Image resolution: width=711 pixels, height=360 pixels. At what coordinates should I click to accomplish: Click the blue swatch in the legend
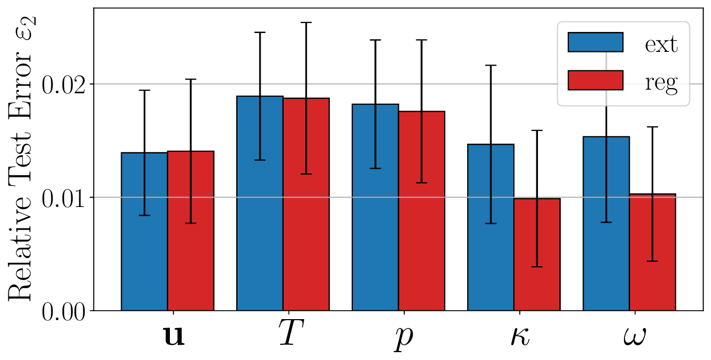595,42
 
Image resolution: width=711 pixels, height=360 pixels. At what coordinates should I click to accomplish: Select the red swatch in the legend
595,80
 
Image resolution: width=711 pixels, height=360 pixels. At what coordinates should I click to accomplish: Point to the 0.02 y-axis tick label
63,84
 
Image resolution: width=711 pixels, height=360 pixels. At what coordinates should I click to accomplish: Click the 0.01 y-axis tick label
63,198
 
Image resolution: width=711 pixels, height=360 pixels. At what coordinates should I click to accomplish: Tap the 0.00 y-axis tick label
63,311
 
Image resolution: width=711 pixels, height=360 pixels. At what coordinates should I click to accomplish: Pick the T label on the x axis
289,335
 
